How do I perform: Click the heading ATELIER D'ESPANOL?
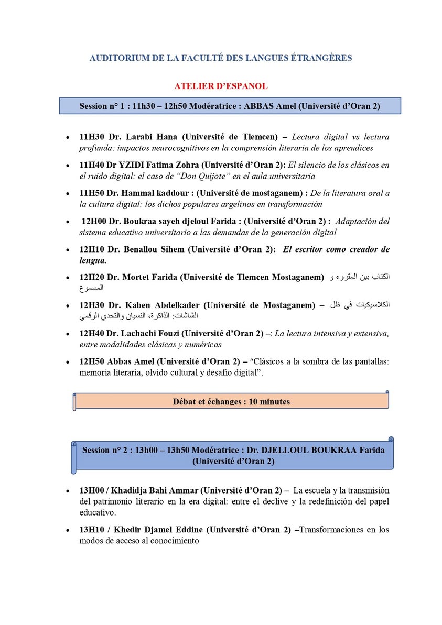(221, 86)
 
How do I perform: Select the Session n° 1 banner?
(230, 106)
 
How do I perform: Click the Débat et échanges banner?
(231, 402)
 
